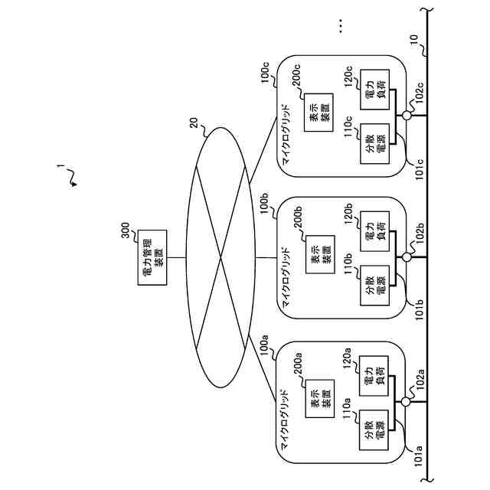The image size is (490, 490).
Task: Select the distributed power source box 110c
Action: [374, 145]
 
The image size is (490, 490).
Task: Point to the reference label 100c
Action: [265, 73]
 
